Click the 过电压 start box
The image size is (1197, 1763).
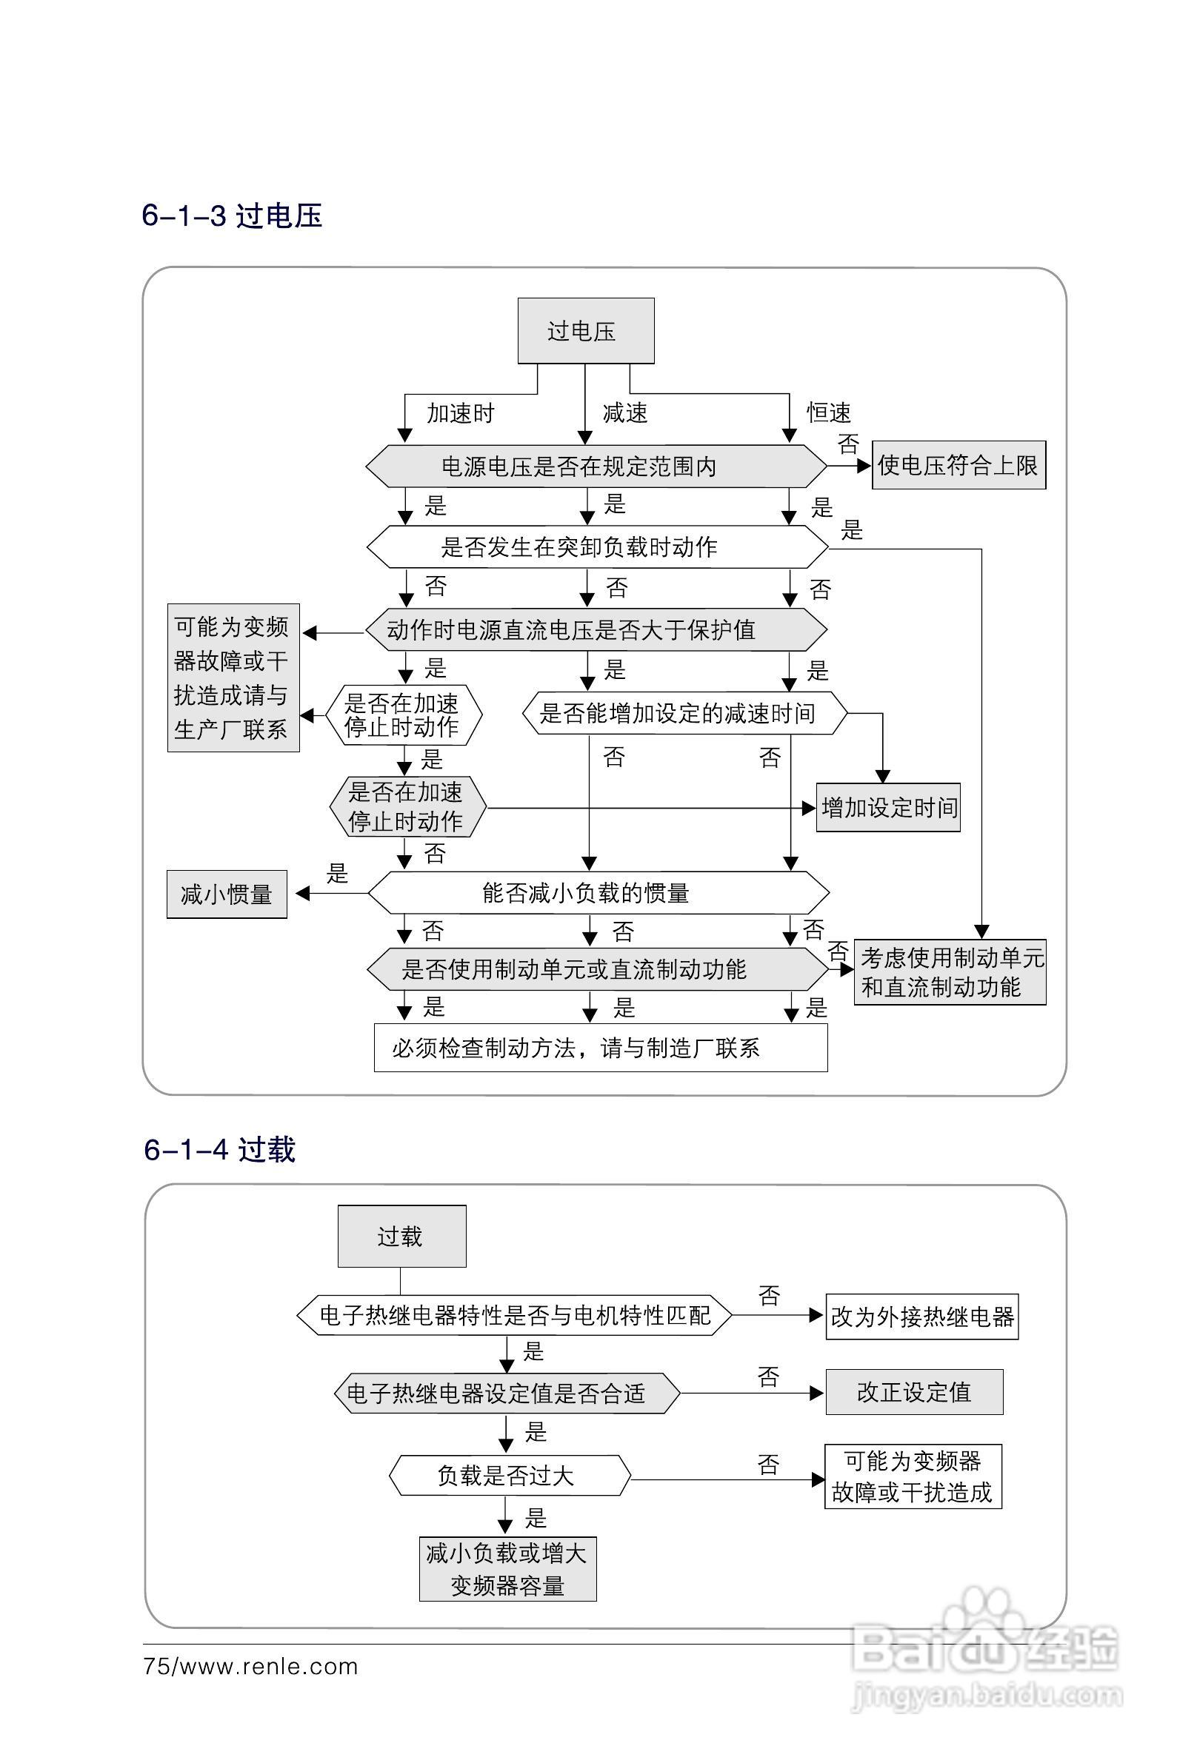point(585,331)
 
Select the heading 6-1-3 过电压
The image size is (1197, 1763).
point(232,216)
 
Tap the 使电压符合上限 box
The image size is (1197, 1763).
point(958,465)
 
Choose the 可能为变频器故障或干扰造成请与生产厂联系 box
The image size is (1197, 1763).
point(233,678)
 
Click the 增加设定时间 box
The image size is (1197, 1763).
point(888,808)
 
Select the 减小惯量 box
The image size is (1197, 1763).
point(226,894)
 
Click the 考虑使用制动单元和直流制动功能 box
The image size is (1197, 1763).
point(950,972)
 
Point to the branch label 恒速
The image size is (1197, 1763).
point(828,412)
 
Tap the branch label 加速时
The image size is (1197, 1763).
point(460,413)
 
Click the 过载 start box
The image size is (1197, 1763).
point(401,1236)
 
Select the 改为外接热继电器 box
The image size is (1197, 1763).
point(921,1317)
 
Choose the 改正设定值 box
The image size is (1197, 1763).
point(914,1391)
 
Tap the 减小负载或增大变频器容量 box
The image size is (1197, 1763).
point(508,1569)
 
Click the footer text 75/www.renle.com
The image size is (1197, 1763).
point(250,1666)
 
